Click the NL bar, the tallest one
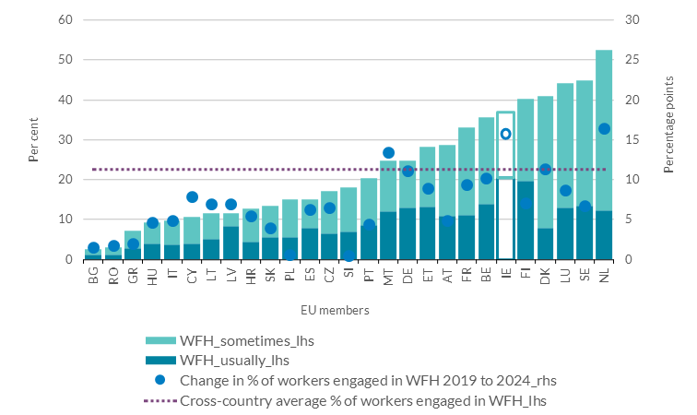coord(604,157)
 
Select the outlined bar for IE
coord(505,184)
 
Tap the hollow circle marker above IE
coord(505,134)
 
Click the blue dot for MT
coord(388,152)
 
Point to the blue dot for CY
coord(192,196)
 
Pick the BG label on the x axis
coord(94,276)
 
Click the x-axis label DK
coord(545,276)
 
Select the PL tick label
coord(290,276)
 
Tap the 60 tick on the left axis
coord(65,20)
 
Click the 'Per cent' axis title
coord(34,140)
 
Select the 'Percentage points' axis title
coord(668,140)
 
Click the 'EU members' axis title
coord(338,311)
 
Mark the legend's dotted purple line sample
coord(161,400)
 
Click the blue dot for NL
coord(604,129)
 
